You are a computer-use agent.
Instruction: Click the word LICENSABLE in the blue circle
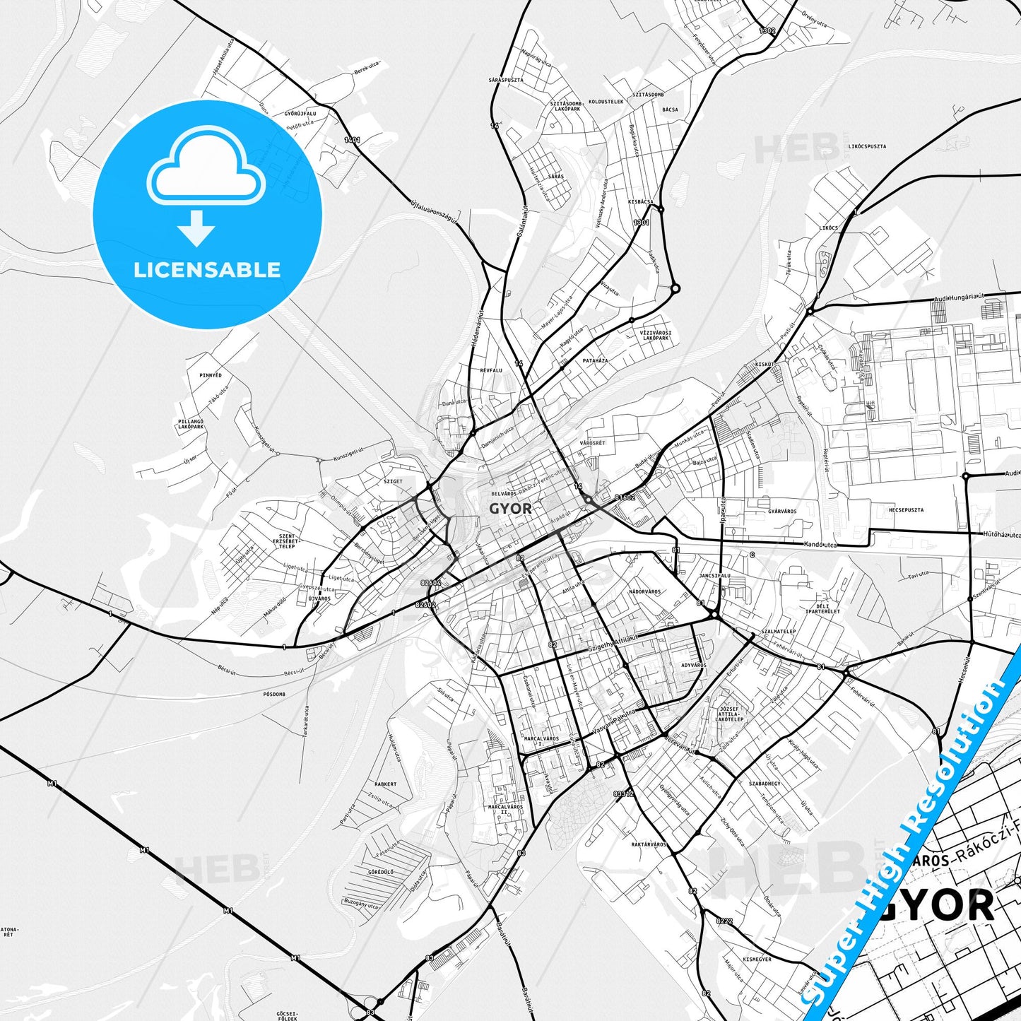[207, 270]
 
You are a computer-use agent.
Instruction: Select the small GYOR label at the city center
[510, 508]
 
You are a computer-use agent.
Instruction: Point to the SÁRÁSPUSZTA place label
[506, 81]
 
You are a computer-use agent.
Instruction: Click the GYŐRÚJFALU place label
[300, 114]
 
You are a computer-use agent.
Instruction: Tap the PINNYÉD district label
[211, 375]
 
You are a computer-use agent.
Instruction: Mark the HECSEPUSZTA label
[907, 509]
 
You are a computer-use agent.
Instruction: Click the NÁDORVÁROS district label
[644, 591]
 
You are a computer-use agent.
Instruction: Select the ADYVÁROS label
[693, 665]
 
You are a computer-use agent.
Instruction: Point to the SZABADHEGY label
[765, 784]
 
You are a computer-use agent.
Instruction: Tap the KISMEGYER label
[757, 960]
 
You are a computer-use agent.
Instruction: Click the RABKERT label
[386, 784]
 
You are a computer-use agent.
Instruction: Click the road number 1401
[352, 140]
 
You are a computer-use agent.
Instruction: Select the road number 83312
[624, 794]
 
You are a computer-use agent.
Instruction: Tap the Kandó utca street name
[820, 545]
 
